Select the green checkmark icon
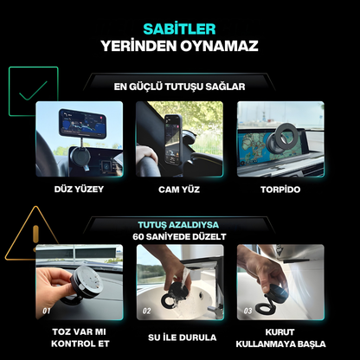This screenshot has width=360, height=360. (32, 90)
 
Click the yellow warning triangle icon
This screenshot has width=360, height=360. (32, 234)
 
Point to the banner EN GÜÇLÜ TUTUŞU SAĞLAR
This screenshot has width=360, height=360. (179, 86)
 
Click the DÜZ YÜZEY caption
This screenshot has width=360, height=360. (79, 189)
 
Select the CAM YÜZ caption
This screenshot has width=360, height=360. (179, 189)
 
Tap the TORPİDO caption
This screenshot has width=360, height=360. (280, 189)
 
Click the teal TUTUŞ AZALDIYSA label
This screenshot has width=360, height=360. (179, 224)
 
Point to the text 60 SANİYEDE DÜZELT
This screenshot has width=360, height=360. (179, 236)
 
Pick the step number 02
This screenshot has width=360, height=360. (147, 309)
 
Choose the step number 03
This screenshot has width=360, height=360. (247, 309)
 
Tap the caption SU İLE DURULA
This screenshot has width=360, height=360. (180, 337)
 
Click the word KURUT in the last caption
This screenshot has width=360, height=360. (280, 332)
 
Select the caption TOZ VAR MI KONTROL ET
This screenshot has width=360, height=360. (79, 337)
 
